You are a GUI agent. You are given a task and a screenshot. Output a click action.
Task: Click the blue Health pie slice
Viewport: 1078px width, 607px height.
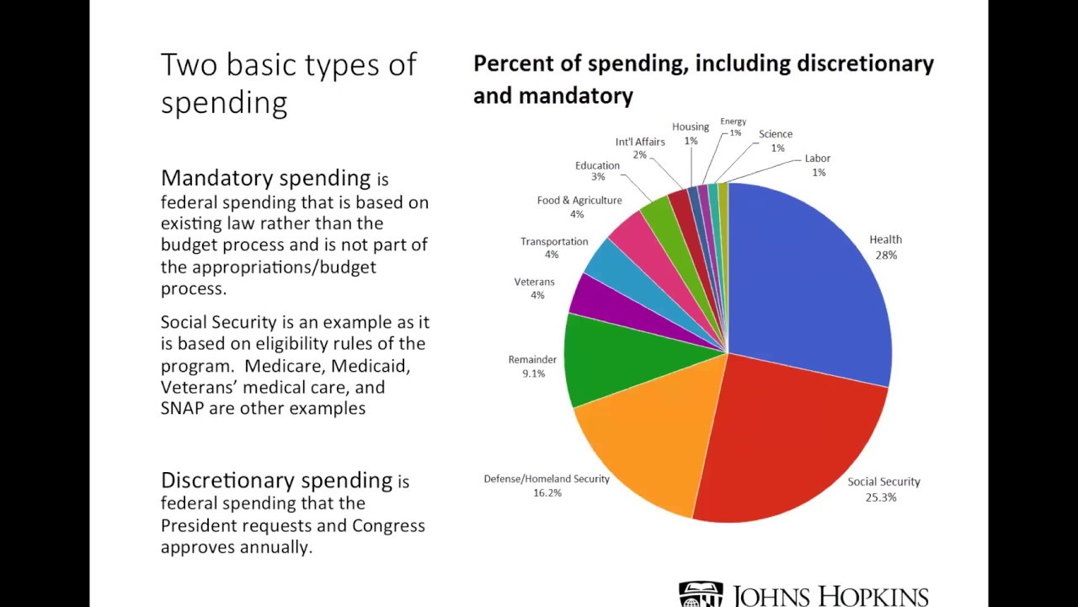pos(808,278)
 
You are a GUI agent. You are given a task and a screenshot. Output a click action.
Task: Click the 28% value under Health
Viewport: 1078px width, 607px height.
pos(886,255)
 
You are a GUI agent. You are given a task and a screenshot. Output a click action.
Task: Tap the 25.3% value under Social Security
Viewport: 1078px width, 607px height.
pos(880,497)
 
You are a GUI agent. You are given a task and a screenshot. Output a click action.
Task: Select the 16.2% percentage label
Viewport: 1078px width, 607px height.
pos(547,493)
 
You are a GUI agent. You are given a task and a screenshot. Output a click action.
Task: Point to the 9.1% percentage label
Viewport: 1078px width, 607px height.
pos(533,373)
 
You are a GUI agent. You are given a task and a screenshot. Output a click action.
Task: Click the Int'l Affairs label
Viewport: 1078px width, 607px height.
pos(640,142)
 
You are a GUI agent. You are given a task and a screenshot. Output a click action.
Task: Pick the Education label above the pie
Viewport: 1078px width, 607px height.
pos(597,165)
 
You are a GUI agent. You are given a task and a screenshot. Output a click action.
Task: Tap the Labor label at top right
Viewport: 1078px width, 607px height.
pos(817,158)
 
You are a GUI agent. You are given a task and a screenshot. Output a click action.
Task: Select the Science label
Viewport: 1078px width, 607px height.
pos(775,134)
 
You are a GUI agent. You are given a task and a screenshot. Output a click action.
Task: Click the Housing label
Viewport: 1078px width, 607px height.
pos(691,127)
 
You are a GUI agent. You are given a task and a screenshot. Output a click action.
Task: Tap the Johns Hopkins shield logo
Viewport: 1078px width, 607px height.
pos(701,594)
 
